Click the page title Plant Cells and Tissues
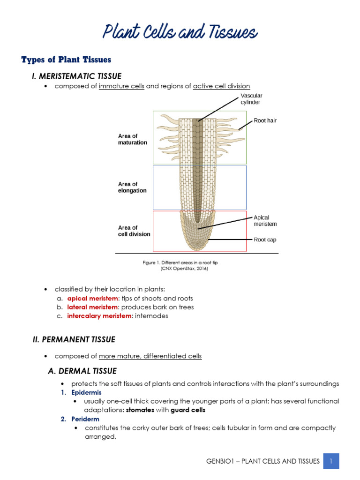(180, 33)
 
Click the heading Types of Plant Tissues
(66, 60)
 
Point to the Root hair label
(265, 120)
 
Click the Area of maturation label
(132, 139)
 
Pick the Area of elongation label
(132, 187)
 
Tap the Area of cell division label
(134, 231)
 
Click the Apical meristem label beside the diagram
(265, 221)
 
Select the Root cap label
(265, 240)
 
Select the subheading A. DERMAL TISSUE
(82, 371)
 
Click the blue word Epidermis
(86, 392)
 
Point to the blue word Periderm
(85, 419)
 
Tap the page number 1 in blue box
(331, 461)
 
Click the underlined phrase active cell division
(221, 86)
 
